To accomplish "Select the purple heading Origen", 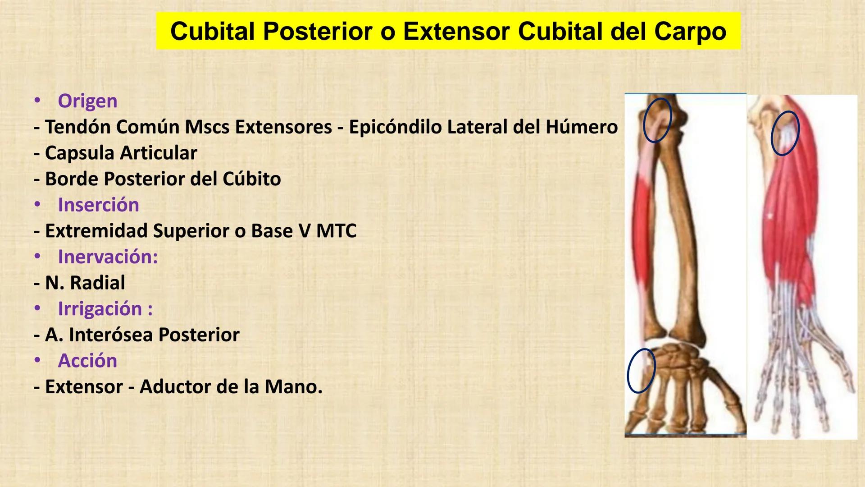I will coord(87,101).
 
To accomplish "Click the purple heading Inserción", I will coord(98,205).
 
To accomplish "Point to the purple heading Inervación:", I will coord(108,257).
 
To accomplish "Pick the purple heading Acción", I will coord(87,361).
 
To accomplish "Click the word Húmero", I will coord(581,127).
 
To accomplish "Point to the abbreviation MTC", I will coord(336,231).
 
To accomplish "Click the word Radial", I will coord(97,283).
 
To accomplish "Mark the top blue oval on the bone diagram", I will coord(657,120).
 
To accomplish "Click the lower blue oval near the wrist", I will coord(641,371).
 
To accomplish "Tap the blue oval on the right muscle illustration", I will coord(785,133).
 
